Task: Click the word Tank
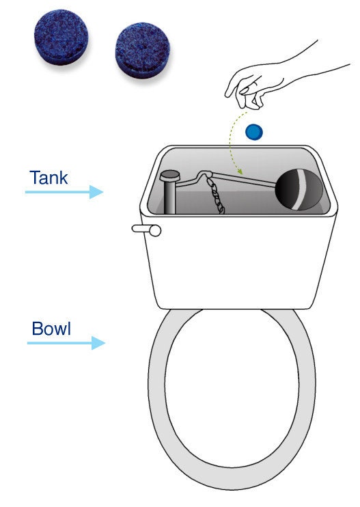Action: [x=49, y=178]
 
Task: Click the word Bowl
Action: [x=51, y=329]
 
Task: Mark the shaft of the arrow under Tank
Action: [x=58, y=192]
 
